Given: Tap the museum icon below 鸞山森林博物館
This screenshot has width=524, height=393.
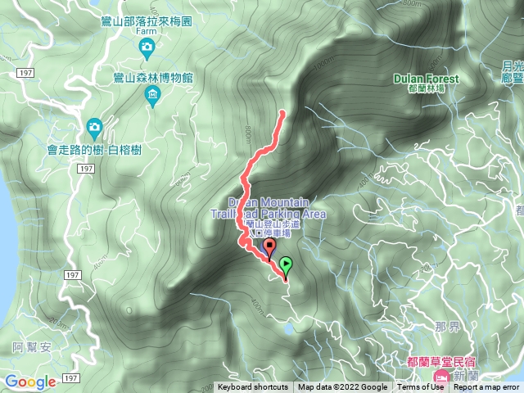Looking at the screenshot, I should point(153,97).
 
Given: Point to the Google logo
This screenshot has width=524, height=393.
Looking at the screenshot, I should point(30,382).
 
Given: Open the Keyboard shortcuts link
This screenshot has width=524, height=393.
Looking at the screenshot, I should point(253,387).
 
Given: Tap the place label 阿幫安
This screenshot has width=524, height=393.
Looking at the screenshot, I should point(32,347).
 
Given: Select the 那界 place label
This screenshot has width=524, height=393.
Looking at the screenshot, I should point(447,326).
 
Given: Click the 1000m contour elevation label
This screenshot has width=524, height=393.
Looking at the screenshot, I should point(327,62).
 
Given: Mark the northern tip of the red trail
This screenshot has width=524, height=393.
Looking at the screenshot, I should point(283,111).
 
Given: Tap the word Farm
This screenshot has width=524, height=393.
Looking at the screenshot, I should point(147,31).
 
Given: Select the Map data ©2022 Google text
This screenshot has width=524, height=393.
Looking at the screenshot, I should point(342,387).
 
